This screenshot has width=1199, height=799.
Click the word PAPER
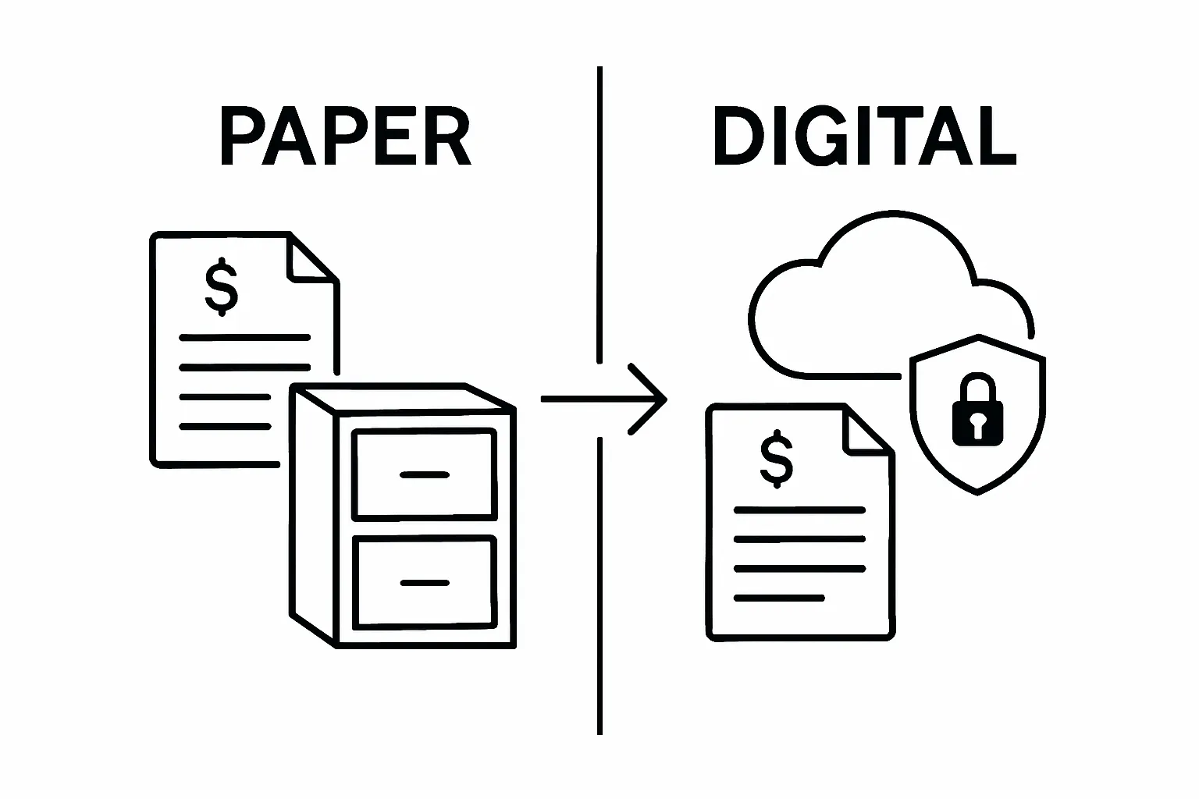click(x=346, y=139)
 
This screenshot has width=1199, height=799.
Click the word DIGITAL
click(x=864, y=139)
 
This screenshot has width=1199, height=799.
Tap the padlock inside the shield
click(x=977, y=410)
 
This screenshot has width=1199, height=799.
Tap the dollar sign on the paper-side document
click(x=222, y=286)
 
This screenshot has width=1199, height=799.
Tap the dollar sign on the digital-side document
click(x=776, y=459)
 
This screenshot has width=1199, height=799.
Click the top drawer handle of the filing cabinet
click(x=424, y=474)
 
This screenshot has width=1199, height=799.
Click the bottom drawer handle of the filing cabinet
click(x=424, y=582)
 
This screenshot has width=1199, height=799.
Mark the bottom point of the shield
click(x=977, y=492)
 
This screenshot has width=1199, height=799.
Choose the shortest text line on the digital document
click(x=779, y=598)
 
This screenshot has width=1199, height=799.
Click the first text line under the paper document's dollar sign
click(x=244, y=338)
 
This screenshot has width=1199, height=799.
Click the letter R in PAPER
click(x=447, y=139)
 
